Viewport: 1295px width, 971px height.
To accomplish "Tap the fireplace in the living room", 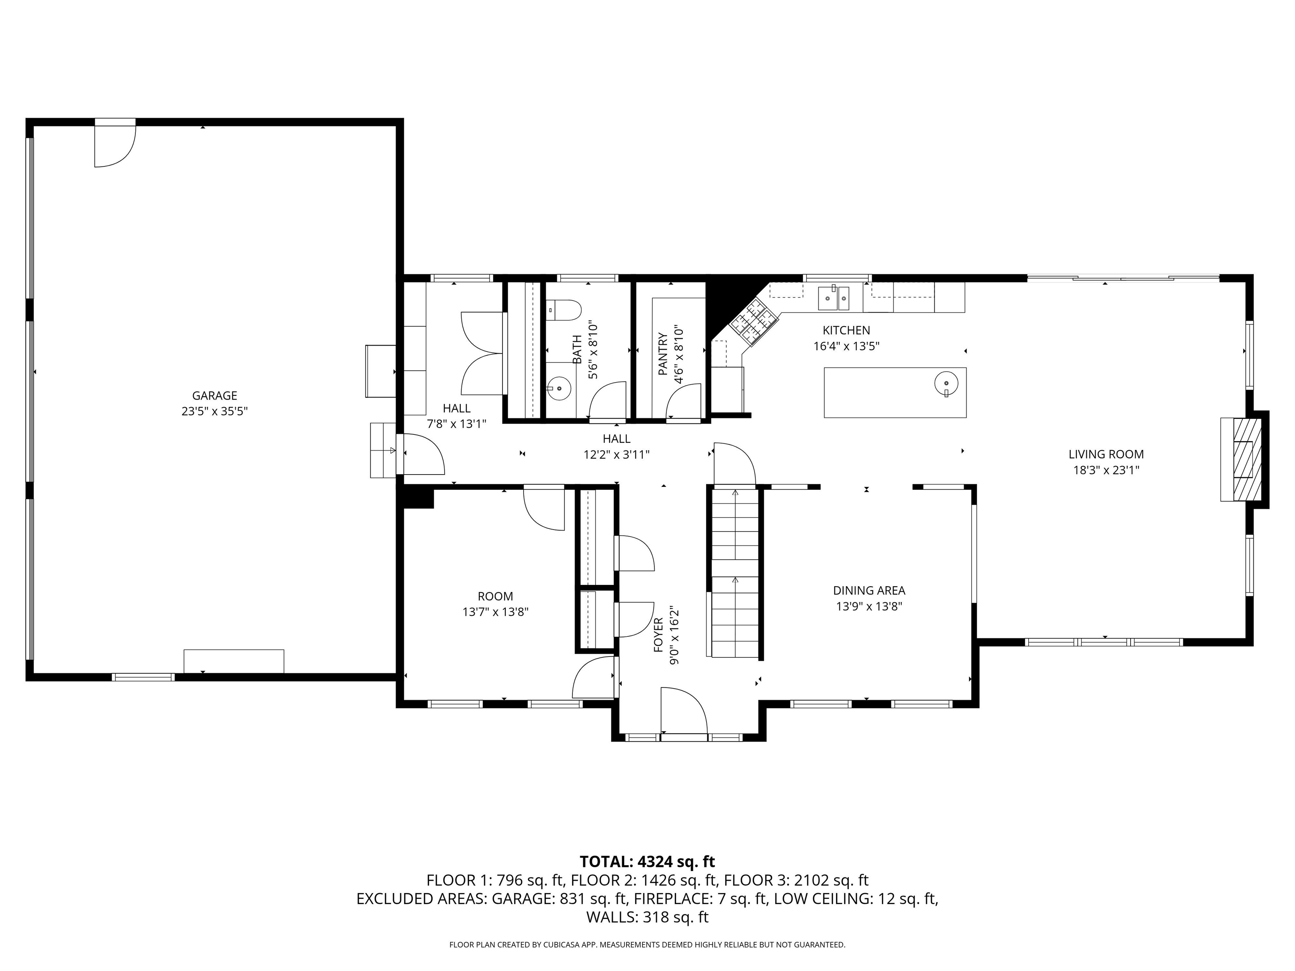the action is [1245, 459].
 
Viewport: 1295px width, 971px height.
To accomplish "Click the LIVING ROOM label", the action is [1106, 454].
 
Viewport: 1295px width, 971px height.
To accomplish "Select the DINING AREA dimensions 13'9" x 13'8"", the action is [869, 606].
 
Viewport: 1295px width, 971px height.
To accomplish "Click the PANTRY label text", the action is [663, 354].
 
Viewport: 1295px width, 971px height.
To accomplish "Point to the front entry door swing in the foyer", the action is [684, 710].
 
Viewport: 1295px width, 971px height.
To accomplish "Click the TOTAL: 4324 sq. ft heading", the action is [647, 861].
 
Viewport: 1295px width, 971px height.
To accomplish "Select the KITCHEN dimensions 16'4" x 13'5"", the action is [846, 346].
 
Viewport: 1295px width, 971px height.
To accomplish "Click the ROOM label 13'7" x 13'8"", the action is [495, 604].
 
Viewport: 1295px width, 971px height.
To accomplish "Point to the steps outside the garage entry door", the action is [383, 450].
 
